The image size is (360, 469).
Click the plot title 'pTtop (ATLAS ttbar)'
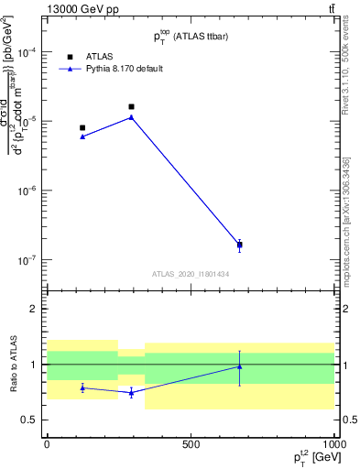191,36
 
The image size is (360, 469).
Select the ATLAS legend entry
98,56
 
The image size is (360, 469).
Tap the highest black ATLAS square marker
131,107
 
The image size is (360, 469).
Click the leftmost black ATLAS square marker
82,128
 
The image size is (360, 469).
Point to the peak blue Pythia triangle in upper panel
131,117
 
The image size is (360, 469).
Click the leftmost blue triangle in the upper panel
82,136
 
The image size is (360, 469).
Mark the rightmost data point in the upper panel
240,245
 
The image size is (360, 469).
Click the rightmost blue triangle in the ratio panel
240,366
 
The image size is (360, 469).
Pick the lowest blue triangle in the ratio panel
131,392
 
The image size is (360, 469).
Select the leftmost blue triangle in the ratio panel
82,387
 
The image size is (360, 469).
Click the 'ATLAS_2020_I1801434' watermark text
191,274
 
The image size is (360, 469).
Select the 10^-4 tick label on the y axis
27,52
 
